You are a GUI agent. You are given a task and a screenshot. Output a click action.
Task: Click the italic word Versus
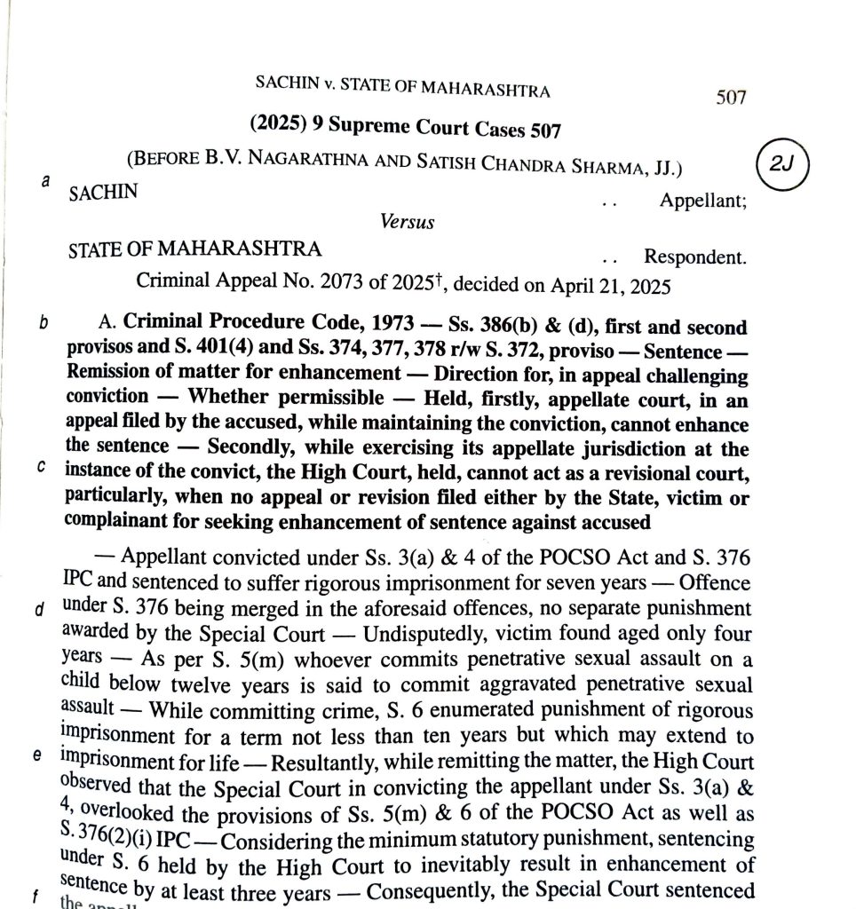point(408,222)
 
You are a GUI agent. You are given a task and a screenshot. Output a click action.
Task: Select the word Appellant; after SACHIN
point(702,201)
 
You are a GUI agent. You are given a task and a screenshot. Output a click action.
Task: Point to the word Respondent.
point(694,257)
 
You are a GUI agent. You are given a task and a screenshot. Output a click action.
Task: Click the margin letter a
point(45,180)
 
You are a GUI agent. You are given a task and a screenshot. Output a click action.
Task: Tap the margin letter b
point(43,323)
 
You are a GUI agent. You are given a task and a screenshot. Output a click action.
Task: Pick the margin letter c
point(42,469)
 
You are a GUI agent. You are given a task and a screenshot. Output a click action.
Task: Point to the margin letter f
point(35,897)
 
